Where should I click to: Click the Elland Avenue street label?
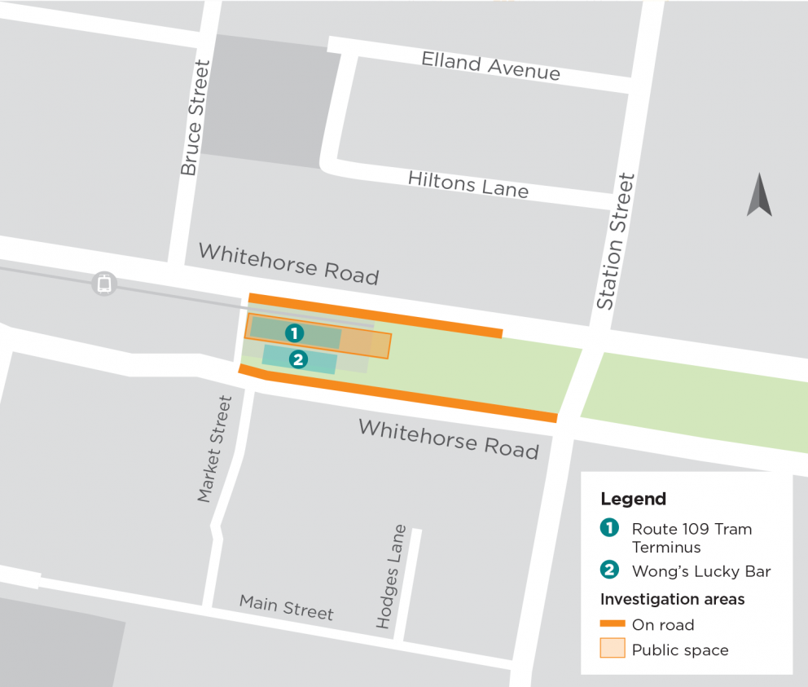pyautogui.click(x=490, y=66)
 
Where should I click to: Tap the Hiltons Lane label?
pyautogui.click(x=468, y=184)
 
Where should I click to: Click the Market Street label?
pyautogui.click(x=215, y=449)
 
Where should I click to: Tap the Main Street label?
pyautogui.click(x=286, y=607)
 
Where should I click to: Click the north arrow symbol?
pyautogui.click(x=759, y=196)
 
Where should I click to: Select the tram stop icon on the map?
pyautogui.click(x=104, y=284)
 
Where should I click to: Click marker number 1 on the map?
pyautogui.click(x=294, y=333)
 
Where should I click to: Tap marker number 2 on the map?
pyautogui.click(x=298, y=359)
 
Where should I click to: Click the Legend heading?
pyautogui.click(x=633, y=500)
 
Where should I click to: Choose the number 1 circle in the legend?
pyautogui.click(x=609, y=528)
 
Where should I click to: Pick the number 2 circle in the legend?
pyautogui.click(x=609, y=570)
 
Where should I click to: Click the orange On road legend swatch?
pyautogui.click(x=613, y=625)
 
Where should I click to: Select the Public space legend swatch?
pyautogui.click(x=613, y=649)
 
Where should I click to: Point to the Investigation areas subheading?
pyautogui.click(x=672, y=599)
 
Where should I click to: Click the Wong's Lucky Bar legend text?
pyautogui.click(x=700, y=571)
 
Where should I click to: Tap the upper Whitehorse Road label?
pyautogui.click(x=288, y=263)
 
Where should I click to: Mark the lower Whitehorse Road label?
pyautogui.click(x=448, y=438)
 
